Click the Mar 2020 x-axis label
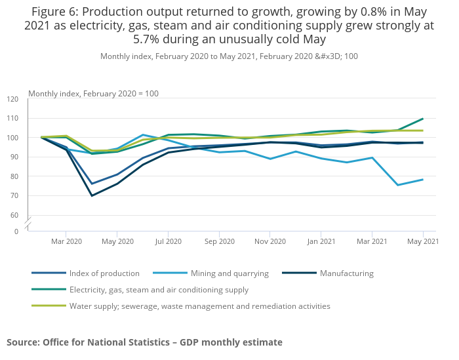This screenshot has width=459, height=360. (66, 242)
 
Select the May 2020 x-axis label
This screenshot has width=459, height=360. (117, 242)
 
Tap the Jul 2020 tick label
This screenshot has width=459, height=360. (168, 242)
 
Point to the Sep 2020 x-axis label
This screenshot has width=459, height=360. (219, 242)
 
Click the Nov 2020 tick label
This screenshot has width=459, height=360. (270, 242)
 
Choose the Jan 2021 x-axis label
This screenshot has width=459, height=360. (321, 242)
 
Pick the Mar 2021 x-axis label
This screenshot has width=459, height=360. (372, 242)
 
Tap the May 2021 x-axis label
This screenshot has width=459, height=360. (423, 242)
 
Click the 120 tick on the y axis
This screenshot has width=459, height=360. (13, 99)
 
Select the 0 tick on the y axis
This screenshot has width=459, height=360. (16, 231)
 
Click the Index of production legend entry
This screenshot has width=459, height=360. (104, 273)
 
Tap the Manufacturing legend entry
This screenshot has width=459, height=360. (346, 273)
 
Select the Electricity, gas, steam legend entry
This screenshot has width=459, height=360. (158, 289)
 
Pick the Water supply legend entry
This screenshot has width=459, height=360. (199, 306)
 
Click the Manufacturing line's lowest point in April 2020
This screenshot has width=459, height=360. (92, 195)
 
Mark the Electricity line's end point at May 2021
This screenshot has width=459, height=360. (423, 119)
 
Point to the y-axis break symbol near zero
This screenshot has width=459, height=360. (28, 224)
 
